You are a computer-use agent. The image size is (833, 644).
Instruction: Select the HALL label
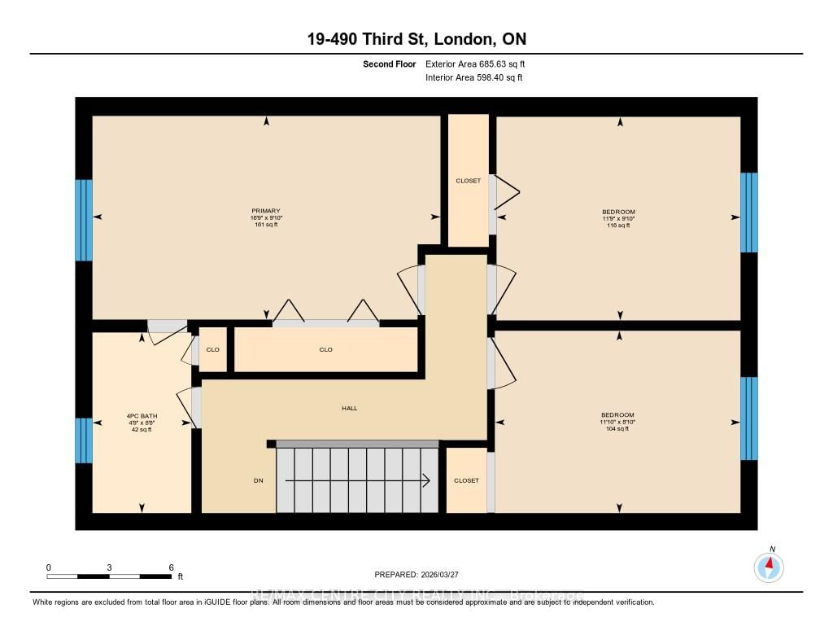pos(350,409)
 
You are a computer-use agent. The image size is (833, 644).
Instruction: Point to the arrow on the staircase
pos(358,481)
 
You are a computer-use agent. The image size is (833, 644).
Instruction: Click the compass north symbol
pos(769,565)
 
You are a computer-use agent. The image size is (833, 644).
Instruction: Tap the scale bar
pos(109,576)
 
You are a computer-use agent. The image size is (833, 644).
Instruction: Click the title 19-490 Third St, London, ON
pos(416,40)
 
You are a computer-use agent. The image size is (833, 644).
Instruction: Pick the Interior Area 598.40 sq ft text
pos(473,78)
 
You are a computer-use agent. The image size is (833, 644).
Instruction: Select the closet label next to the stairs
pos(467,481)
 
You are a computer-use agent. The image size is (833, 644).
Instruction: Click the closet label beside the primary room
pos(469,181)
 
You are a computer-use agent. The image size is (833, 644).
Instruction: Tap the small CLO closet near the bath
pos(213,350)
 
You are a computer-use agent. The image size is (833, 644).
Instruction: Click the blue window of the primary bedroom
pos(84,220)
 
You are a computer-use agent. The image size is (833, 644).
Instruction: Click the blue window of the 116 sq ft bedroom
pos(748,212)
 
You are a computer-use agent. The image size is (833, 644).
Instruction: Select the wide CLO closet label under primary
pos(326,350)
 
